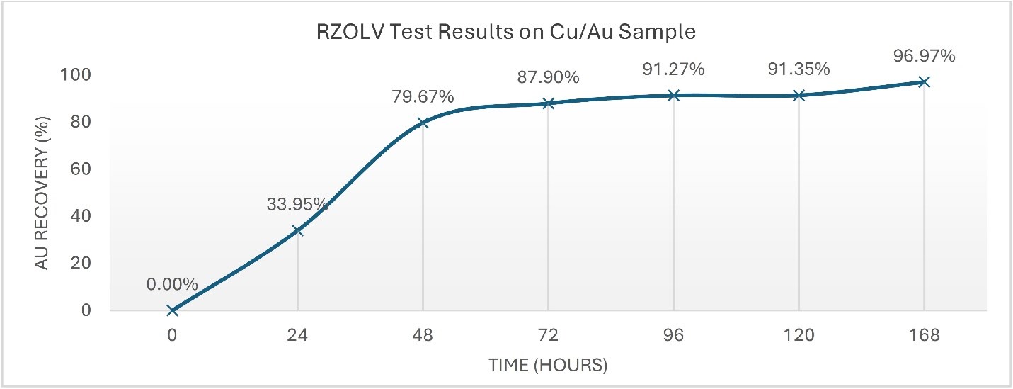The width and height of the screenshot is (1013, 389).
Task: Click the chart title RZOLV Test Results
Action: pos(506,32)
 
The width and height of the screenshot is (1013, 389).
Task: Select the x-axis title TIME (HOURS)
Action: pos(548,366)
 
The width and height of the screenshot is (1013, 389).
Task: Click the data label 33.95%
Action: pos(297,205)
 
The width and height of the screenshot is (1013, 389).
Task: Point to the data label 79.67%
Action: pos(423,96)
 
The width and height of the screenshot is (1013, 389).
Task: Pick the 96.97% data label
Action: pos(924,55)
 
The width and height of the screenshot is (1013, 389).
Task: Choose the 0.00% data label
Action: pos(172,285)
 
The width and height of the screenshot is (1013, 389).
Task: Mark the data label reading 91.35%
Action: pos(799,69)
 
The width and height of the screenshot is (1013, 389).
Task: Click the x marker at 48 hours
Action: pos(423,123)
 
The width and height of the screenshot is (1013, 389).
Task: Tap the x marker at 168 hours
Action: pos(924,82)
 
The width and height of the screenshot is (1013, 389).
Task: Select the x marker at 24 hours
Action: pos(297,230)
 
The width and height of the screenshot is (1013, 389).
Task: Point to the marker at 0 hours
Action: pos(172,310)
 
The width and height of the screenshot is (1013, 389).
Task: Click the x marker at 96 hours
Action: pos(673,95)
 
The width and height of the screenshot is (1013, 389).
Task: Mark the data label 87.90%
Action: pos(548,77)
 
